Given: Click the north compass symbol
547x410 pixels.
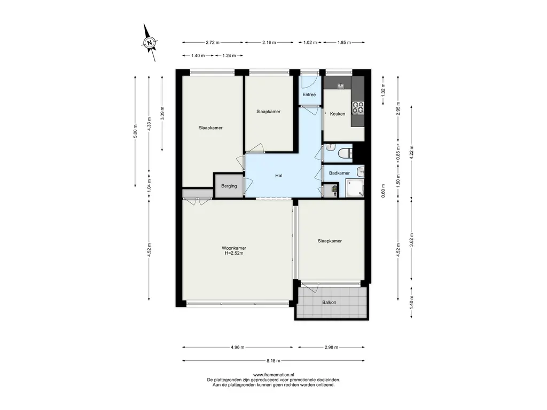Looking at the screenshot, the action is [x=150, y=43].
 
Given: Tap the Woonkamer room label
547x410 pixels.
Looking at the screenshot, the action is [x=234, y=248].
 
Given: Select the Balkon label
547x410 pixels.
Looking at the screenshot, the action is [x=329, y=302].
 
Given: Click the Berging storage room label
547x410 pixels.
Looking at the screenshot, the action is [x=229, y=186].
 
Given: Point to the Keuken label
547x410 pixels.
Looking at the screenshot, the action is [x=338, y=114].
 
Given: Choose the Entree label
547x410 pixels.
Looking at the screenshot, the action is [x=309, y=94].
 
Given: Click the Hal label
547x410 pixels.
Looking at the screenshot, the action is [x=278, y=176].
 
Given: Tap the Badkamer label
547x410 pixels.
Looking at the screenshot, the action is [x=339, y=173].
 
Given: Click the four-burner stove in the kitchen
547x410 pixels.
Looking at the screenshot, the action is [x=357, y=107].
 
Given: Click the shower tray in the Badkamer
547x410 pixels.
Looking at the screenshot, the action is [x=355, y=188].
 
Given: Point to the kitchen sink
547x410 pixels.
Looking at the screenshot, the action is [x=340, y=85].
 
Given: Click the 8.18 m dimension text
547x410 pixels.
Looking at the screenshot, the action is [x=273, y=361].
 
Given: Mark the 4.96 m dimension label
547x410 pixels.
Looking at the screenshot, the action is [x=238, y=347].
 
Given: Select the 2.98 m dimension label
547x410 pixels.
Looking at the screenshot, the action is [x=331, y=347].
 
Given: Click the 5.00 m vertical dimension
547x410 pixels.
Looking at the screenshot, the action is [x=136, y=131].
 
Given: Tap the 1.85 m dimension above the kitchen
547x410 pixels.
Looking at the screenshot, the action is [x=344, y=43].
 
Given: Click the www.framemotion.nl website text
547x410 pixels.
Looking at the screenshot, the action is [x=273, y=375].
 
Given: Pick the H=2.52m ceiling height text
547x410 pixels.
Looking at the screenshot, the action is [x=234, y=254].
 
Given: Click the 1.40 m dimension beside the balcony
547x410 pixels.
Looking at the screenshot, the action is [x=412, y=303].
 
